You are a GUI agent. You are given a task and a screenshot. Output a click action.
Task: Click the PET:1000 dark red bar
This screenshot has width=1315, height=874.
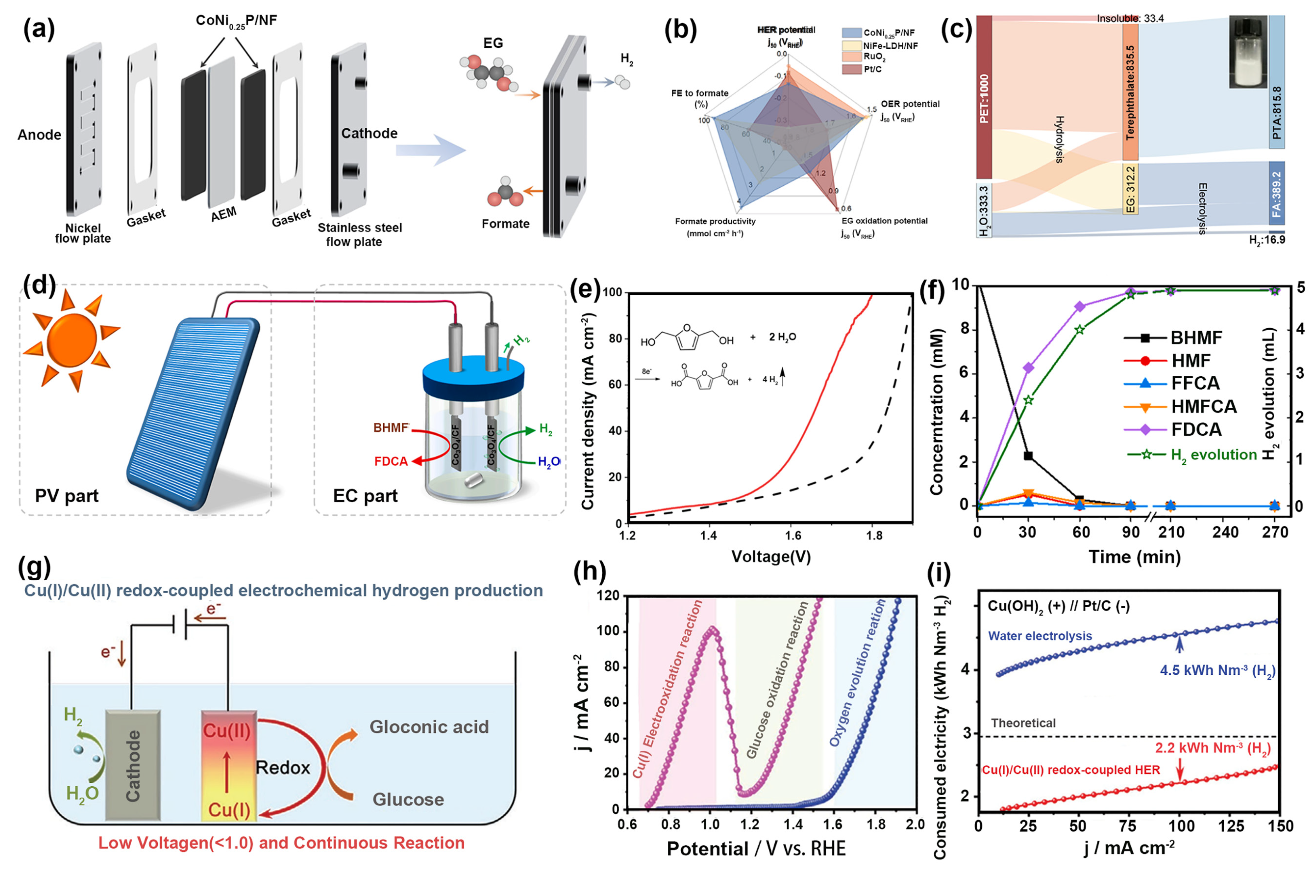coord(984,97)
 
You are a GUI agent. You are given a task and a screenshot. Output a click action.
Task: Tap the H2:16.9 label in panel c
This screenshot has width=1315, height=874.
coord(1267,240)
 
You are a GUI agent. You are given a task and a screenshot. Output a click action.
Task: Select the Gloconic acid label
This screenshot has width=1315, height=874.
coord(429,727)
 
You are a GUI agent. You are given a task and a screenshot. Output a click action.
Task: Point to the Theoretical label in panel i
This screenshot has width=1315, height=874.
coord(1023,723)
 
